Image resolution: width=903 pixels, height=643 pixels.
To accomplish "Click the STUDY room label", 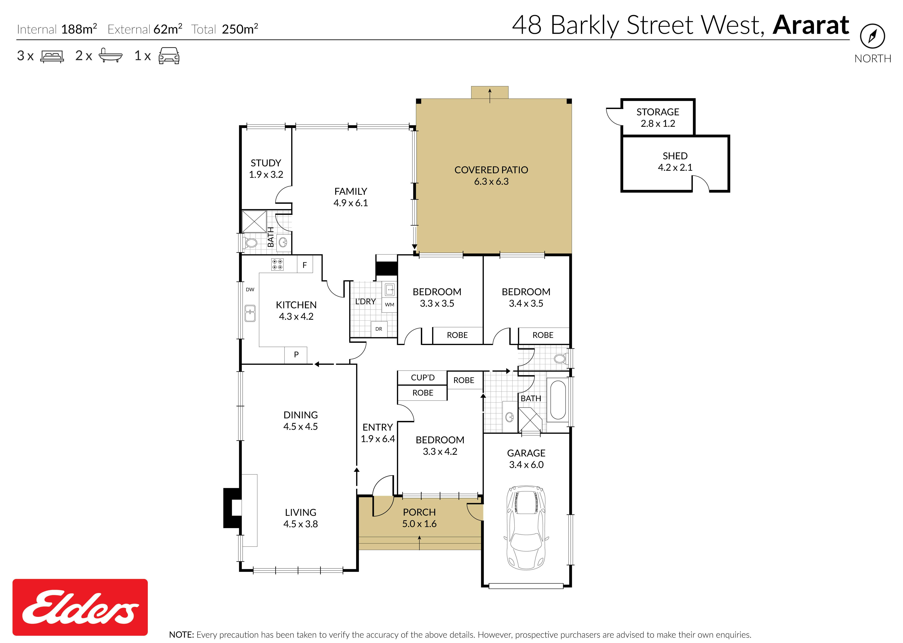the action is (x=266, y=163).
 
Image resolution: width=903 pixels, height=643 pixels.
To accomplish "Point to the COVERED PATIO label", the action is (x=491, y=170).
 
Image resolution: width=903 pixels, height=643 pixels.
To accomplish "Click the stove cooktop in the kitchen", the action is (x=277, y=264).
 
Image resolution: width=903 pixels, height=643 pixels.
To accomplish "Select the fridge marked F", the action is (x=305, y=264).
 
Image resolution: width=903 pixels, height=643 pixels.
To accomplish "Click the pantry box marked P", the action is (x=296, y=355).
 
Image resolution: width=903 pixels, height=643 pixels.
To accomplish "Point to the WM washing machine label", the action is (x=390, y=305).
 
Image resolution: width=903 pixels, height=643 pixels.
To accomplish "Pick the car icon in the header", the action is (x=169, y=56).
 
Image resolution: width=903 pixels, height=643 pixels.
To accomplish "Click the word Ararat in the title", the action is (x=811, y=25).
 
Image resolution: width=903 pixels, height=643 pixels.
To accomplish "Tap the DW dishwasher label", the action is (x=250, y=289).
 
